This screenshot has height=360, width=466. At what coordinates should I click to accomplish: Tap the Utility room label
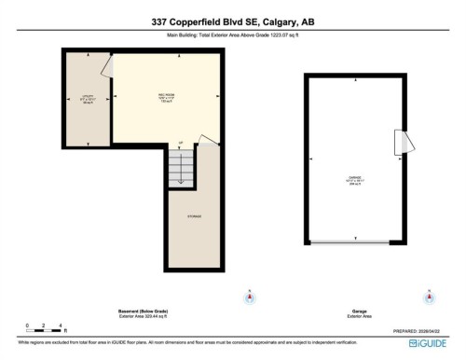tap(86, 100)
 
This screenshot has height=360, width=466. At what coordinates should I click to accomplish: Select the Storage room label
tap(195, 216)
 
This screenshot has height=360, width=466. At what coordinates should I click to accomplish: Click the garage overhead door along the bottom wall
tap(353, 243)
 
